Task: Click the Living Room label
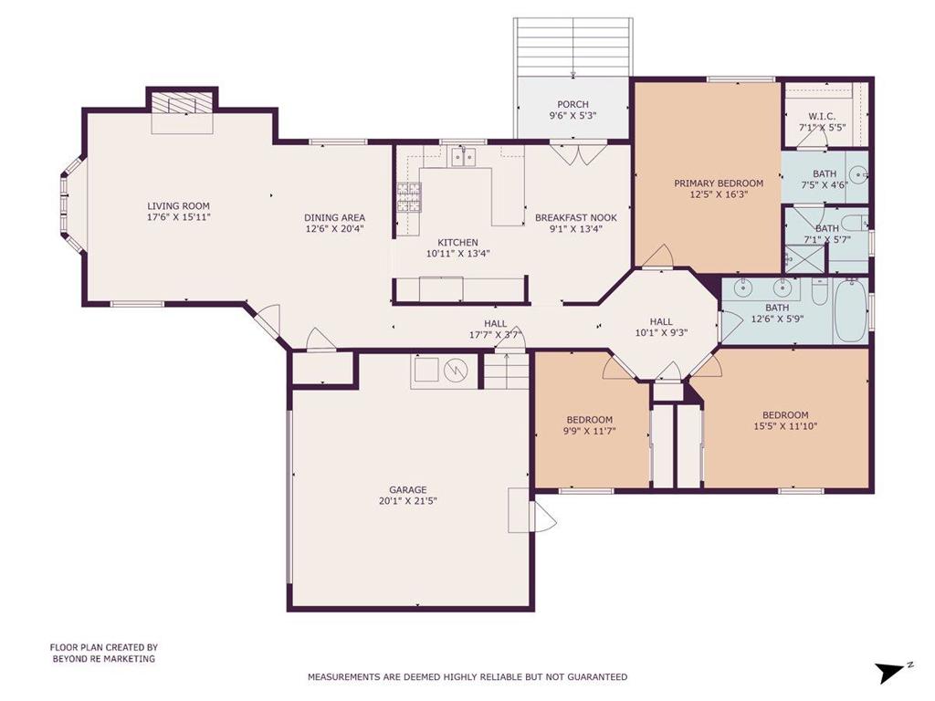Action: point(178,206)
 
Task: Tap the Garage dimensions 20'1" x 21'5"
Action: point(408,501)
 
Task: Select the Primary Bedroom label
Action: point(719,183)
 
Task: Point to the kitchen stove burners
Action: point(409,197)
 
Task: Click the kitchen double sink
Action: point(463,157)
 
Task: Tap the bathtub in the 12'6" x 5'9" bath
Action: point(850,310)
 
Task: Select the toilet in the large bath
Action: point(820,292)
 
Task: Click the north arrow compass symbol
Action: point(893,671)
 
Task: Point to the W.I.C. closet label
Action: point(822,116)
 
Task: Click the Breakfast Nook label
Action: point(576,217)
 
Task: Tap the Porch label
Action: point(573,104)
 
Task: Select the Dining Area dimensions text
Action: point(334,228)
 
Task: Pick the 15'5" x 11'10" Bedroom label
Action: point(785,415)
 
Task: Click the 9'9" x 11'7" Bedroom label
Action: point(589,420)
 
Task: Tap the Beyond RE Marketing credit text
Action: point(104,659)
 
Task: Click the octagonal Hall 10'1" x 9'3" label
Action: point(661,321)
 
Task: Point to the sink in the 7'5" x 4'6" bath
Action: point(858,175)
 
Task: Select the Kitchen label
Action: point(458,243)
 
